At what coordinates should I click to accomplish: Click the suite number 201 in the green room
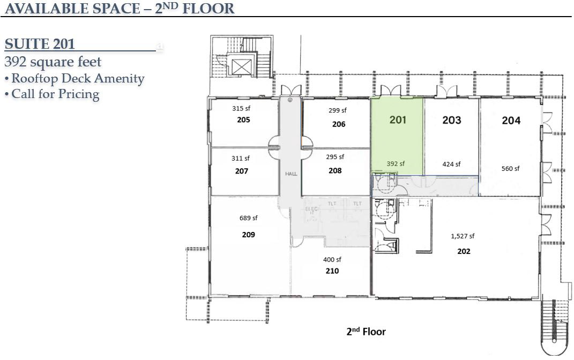coord(398,119)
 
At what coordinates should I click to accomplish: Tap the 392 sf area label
coord(396,163)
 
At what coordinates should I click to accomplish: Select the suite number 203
coord(451,120)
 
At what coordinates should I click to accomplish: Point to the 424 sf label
coord(451,164)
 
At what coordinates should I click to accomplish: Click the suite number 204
coord(511,121)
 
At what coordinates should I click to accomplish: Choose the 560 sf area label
coord(510,169)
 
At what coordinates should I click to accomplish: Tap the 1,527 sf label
coord(463,236)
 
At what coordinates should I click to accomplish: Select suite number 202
coord(464,251)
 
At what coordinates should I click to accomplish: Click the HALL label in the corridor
coord(291,174)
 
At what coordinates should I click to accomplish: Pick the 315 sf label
coord(241,108)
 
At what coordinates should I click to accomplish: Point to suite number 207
coord(242,171)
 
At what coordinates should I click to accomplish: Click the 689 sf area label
coord(249,218)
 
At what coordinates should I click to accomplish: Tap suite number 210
coord(332,271)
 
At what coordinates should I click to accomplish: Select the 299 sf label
coord(338,110)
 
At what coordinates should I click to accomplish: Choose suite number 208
coord(335,170)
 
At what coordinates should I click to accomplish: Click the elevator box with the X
coord(241,66)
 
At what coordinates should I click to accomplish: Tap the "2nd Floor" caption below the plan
coord(366,332)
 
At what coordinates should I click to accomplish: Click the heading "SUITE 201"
coord(40,44)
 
